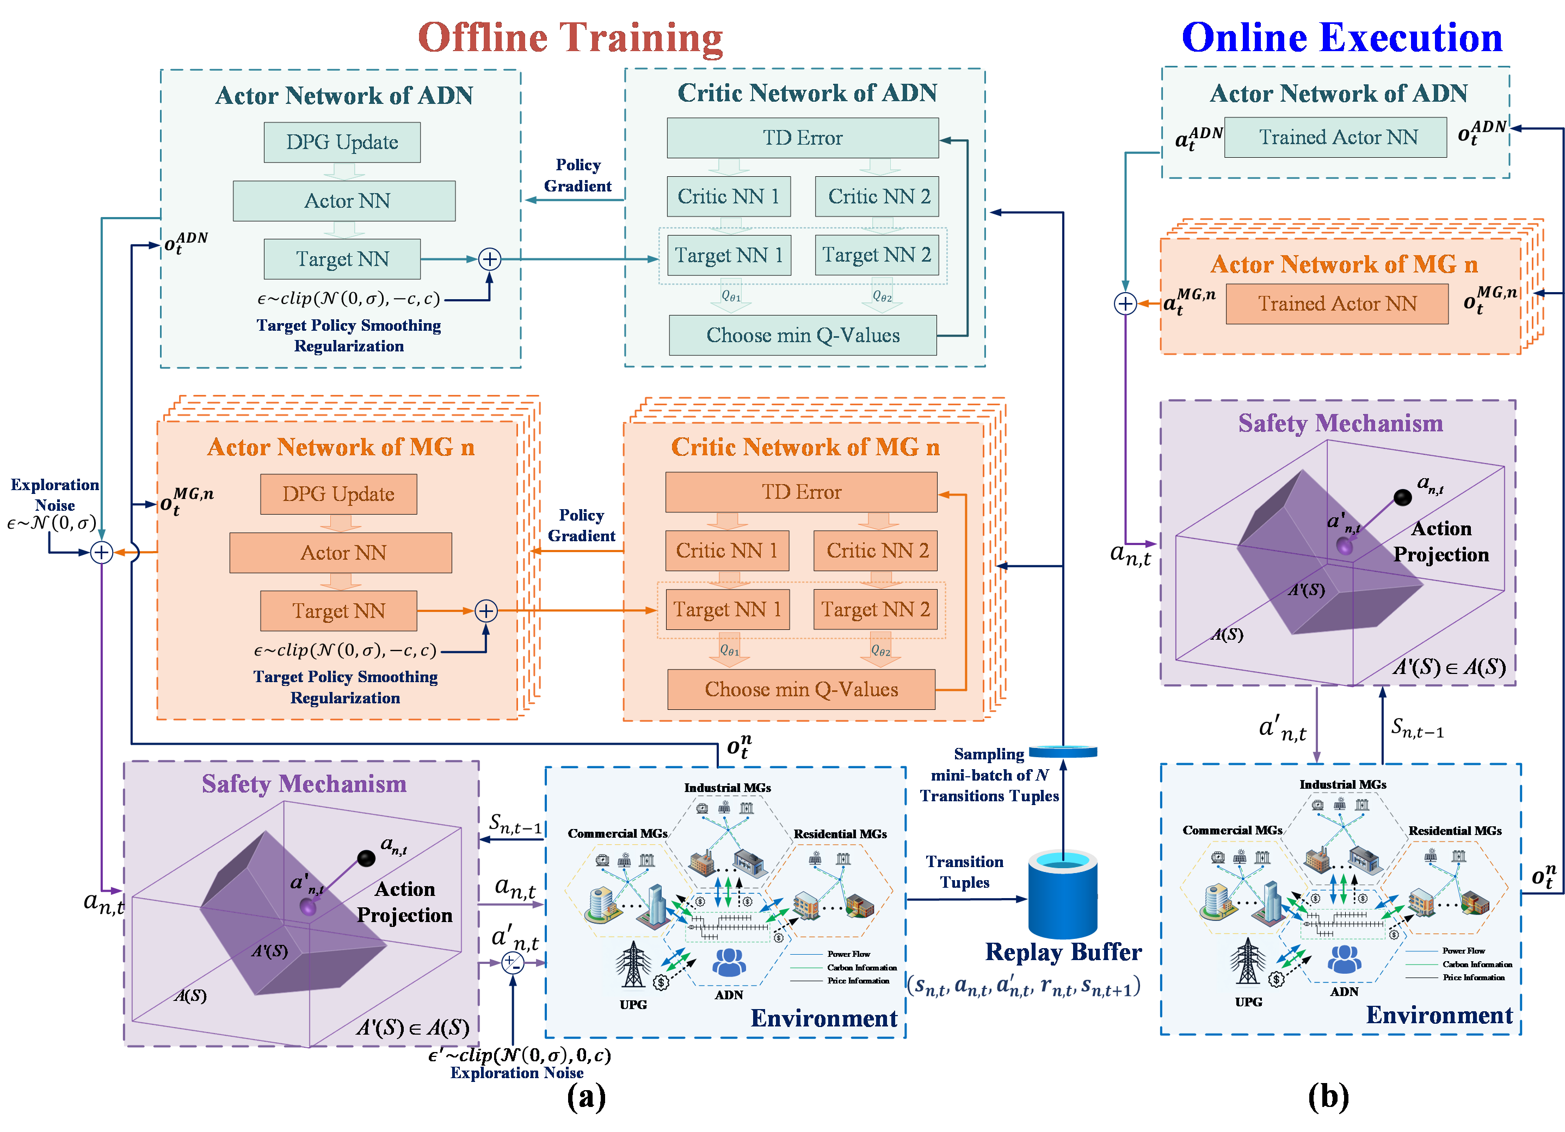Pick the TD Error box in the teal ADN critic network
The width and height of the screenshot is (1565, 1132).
[x=802, y=138]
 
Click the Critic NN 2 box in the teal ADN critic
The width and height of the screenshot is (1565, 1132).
[x=877, y=196]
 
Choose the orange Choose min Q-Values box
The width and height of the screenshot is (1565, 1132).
[x=801, y=689]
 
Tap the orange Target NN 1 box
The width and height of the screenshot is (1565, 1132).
[x=728, y=610]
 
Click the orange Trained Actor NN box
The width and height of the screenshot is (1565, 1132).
[x=1336, y=304]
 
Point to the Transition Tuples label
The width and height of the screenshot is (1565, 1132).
[x=965, y=872]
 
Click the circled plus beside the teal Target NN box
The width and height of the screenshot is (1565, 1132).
[x=489, y=259]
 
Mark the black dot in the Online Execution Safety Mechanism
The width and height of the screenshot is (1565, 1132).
[x=1402, y=497]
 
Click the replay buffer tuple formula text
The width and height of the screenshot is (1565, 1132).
[x=1024, y=986]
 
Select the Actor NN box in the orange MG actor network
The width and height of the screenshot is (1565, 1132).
[x=341, y=553]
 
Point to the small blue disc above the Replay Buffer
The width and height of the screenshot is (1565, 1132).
[x=1063, y=751]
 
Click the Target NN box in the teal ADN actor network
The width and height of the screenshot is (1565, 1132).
[x=342, y=259]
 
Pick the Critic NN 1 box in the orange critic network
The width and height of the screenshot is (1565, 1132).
[x=726, y=551]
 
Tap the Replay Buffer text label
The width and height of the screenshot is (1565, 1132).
[x=1063, y=952]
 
